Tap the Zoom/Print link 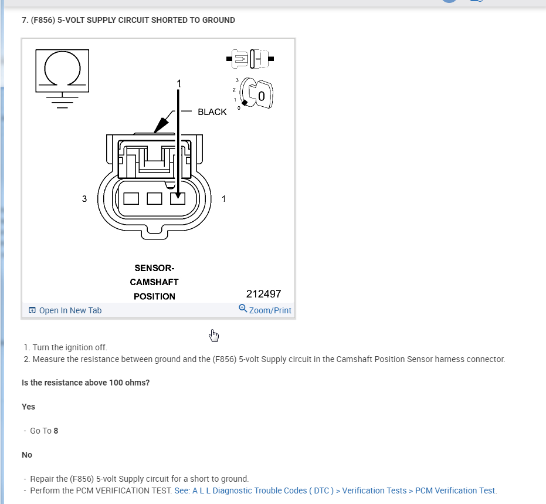point(265,310)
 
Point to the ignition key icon point(259,93)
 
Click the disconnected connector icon point(250,58)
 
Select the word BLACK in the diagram point(212,112)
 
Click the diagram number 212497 point(263,294)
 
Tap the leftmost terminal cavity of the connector point(131,198)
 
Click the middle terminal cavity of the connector point(154,198)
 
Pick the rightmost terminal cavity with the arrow point(178,198)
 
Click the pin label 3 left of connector point(84,199)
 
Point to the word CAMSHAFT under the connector point(154,282)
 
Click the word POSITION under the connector point(154,296)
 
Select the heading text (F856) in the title point(45,20)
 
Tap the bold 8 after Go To point(56,431)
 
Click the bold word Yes point(28,407)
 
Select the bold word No point(27,455)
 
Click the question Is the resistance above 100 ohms point(86,383)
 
